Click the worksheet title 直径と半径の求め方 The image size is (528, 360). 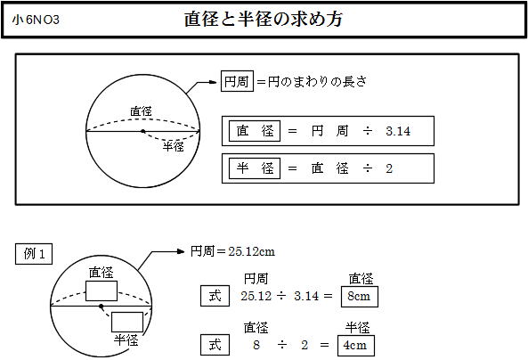coord(264,20)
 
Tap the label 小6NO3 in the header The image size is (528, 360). coord(36,20)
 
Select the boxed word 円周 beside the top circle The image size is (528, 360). coord(237,81)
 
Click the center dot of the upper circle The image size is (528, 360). coord(143,131)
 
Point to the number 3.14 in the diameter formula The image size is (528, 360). coord(398,131)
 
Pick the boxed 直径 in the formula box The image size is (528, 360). coord(255,131)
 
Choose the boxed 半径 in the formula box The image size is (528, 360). coord(255,168)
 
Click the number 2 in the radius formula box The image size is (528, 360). coord(389,168)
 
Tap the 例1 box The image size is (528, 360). coord(34,254)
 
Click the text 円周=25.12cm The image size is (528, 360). coord(232,251)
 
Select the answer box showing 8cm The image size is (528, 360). coord(360,297)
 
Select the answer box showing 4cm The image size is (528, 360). coord(356,346)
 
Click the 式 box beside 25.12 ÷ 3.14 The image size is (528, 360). coord(215,296)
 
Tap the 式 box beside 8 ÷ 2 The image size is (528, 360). coord(215,345)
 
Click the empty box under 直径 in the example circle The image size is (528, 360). coord(102,290)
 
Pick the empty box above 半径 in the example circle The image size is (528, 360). coord(127,322)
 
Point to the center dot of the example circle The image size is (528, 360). coord(101,306)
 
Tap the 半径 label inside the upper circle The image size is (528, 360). coord(174,146)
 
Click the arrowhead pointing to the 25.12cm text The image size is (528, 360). coord(181,251)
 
